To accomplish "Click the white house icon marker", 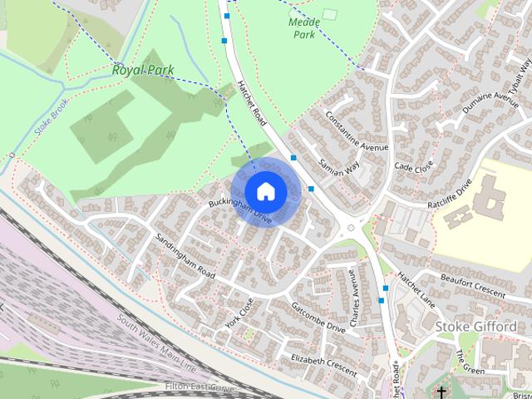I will (265, 191).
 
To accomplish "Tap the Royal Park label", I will (142, 71).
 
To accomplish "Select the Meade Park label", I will (303, 29).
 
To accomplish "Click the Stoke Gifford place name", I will (475, 327).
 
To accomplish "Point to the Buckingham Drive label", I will (241, 211).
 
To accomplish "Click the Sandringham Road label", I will (185, 256).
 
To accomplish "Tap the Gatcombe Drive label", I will (318, 317).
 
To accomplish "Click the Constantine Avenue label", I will (357, 131).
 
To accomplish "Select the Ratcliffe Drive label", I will (451, 194).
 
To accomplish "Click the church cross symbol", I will (441, 392).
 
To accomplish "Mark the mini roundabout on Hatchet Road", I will (350, 227).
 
